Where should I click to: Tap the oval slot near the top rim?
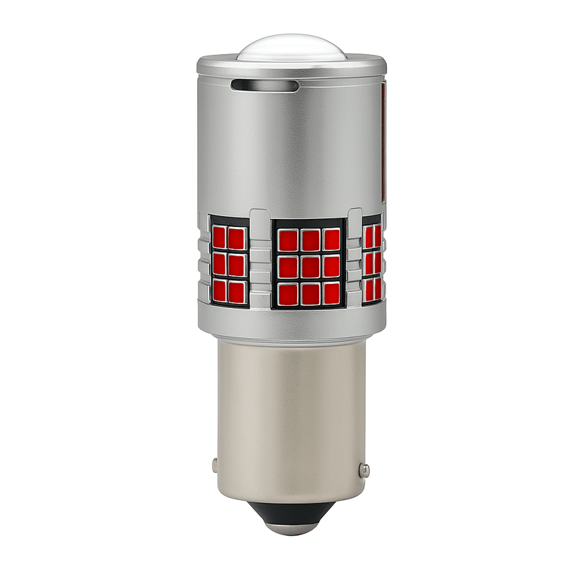coord(264,85)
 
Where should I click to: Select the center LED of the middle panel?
coord(310,266)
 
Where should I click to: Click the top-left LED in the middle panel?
coord(288,239)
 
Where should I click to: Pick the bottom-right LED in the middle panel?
coord(332,293)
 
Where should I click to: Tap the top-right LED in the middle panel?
coord(332,239)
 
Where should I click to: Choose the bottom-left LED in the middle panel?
coord(288,293)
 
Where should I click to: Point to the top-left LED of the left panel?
coord(219,238)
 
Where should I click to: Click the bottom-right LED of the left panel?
coord(236,291)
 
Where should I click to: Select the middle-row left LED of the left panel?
coord(219,264)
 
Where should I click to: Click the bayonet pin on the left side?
coord(214,464)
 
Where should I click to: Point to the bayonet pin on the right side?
coord(364,469)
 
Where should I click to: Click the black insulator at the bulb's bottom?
coord(291,514)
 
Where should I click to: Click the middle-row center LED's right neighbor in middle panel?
coord(332,266)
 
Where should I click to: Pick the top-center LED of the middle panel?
coord(310,239)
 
